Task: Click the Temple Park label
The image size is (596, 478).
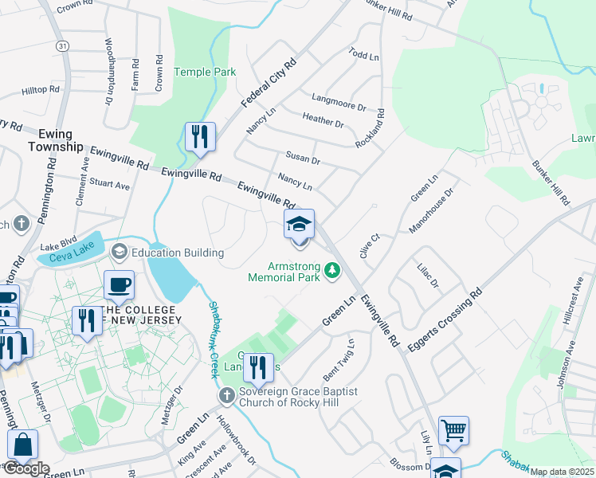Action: click(206, 72)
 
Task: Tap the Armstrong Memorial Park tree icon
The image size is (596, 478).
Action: click(334, 272)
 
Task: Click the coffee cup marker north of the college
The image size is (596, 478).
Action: click(119, 284)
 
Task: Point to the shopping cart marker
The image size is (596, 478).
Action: click(453, 431)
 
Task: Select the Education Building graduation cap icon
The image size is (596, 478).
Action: click(120, 253)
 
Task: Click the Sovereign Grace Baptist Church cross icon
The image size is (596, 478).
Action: click(228, 394)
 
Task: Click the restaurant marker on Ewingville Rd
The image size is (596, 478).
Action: click(200, 136)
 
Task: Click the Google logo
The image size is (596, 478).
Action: click(25, 468)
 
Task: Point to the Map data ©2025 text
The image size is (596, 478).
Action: click(562, 472)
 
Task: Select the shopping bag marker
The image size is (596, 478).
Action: click(23, 447)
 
